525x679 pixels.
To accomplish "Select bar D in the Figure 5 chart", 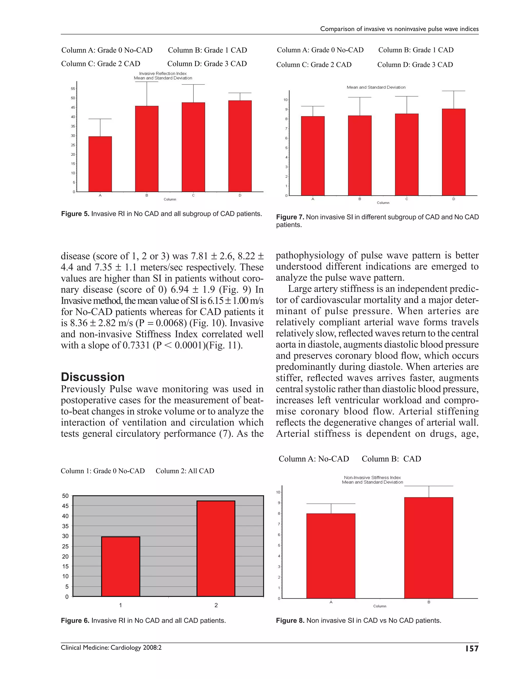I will (240, 146).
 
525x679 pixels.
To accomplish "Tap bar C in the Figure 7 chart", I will (407, 155).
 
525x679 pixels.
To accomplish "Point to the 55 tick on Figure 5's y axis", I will (73, 89).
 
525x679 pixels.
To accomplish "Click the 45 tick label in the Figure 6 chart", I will (65, 506).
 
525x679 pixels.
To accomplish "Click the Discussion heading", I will (93, 377).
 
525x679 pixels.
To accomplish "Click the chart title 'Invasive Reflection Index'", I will (163, 73).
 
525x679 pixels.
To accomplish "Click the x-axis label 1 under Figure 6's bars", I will (120, 605).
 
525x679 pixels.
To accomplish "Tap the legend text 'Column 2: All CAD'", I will (185, 471).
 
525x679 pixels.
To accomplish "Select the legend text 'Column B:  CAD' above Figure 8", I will (391, 459).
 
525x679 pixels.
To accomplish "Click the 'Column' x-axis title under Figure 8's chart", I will (379, 606).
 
